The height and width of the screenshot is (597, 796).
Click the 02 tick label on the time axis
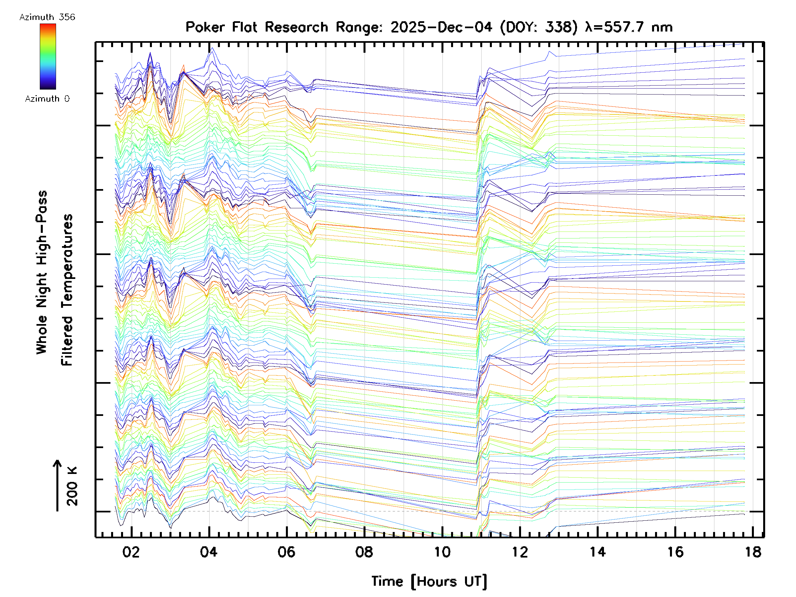[131, 552]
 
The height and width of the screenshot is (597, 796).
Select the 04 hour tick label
[209, 552]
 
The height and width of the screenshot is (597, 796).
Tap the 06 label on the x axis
[287, 552]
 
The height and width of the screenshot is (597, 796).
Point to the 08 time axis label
[364, 552]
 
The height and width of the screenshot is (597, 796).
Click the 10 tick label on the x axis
[442, 552]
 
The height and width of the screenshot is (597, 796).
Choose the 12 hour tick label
[520, 552]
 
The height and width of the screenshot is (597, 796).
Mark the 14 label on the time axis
[598, 552]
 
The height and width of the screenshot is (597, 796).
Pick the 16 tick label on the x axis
[676, 552]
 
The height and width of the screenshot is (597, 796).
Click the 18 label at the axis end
[753, 552]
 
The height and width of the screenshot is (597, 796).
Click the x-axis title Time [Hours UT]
[429, 581]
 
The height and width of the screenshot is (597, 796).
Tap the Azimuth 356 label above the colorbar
[47, 17]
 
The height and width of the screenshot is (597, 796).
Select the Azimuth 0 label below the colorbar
[47, 99]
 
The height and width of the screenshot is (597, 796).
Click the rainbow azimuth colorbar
[48, 56]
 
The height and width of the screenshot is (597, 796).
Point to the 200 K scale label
[72, 486]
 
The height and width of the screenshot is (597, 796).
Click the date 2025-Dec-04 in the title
[441, 27]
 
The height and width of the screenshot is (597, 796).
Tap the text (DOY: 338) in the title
[539, 27]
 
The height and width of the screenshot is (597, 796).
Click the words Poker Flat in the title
[221, 27]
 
